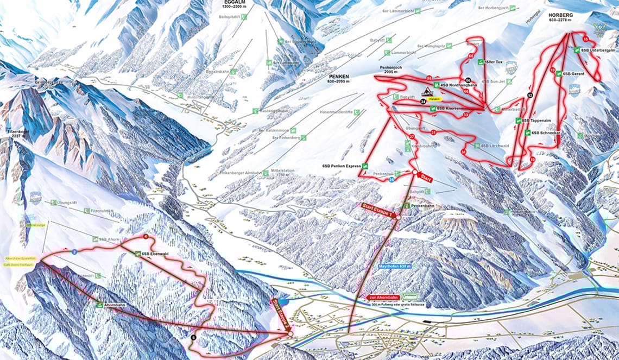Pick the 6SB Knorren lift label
click(x=449, y=109)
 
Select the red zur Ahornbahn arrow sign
click(x=381, y=297)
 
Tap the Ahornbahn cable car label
click(x=115, y=305)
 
